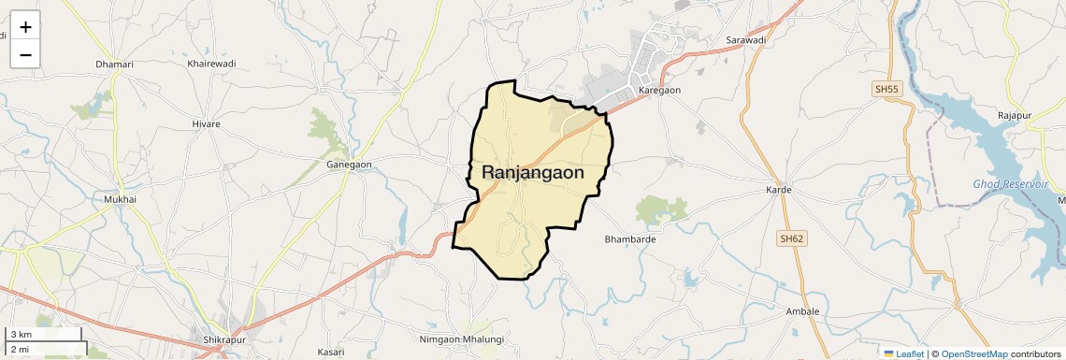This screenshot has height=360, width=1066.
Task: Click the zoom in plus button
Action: [x=25, y=26]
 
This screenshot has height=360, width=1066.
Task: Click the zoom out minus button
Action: [x=25, y=54]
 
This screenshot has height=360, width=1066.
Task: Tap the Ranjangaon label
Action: [x=533, y=173]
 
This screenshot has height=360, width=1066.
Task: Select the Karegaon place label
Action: [x=659, y=90]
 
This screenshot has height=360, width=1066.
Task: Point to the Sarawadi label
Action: [x=746, y=40]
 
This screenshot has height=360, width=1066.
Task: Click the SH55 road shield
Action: [x=886, y=89]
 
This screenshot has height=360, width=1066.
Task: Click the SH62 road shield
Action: [x=791, y=238]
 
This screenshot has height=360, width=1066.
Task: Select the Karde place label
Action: [x=779, y=190]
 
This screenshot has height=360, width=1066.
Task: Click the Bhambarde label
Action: [x=630, y=239]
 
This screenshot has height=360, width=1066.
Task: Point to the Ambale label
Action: [x=802, y=311]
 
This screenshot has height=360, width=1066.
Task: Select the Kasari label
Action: [x=331, y=352]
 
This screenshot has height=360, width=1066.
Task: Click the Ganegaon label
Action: [x=349, y=165]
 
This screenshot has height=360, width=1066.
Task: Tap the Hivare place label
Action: [x=206, y=123]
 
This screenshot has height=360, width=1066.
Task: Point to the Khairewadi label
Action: [x=211, y=64]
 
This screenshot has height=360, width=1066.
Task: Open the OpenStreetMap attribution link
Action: [x=973, y=353]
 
